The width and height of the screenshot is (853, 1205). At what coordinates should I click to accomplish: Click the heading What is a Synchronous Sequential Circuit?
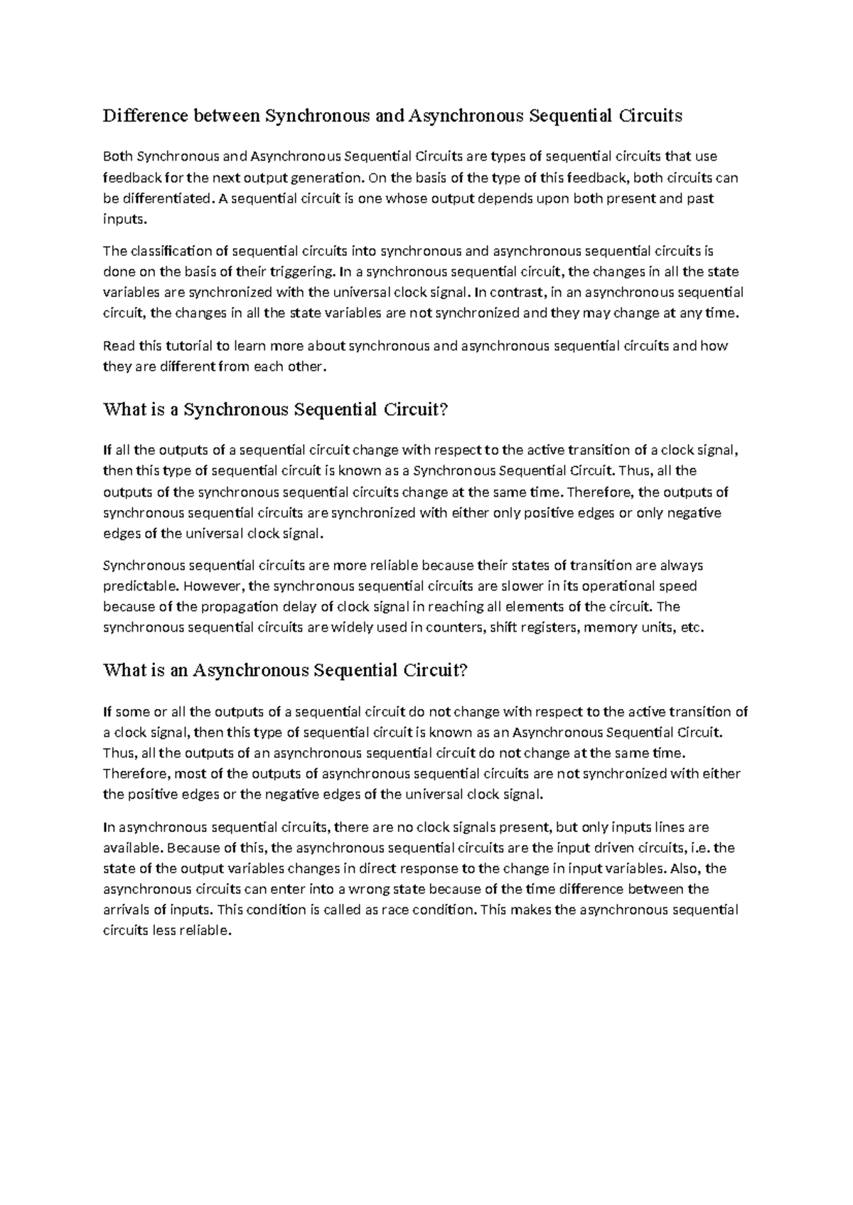tap(277, 410)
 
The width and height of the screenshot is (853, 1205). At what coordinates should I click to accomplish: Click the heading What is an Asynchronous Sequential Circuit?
tap(286, 671)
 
